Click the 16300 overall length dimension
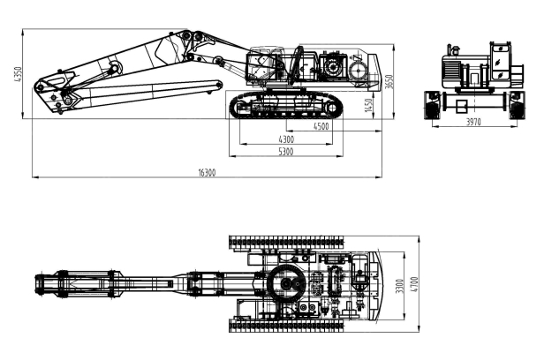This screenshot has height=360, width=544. point(207,173)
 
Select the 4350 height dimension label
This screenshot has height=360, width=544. point(18,74)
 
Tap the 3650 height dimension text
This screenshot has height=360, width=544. point(389,82)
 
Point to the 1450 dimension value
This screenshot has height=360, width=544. point(368,105)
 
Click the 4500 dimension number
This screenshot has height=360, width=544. point(321,126)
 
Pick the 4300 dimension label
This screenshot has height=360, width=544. point(286,139)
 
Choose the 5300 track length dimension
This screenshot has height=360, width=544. point(286,152)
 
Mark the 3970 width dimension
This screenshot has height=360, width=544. point(473,122)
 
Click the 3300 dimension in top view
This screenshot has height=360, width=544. point(400,286)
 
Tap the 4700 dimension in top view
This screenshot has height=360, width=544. point(414,284)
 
